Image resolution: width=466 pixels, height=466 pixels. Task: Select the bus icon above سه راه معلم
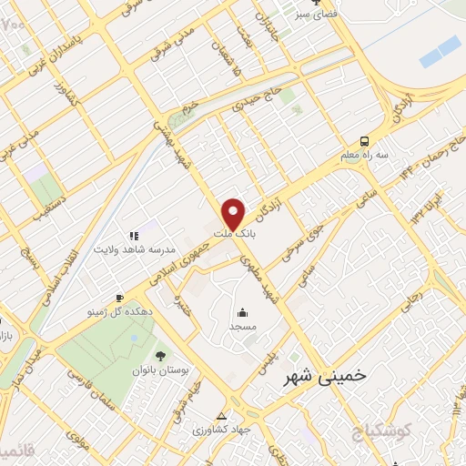(363, 141)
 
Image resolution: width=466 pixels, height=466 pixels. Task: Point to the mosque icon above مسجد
(242, 310)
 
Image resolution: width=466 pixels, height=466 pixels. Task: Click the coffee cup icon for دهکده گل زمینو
(119, 298)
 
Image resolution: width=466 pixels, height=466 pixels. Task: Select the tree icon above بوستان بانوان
(160, 356)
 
